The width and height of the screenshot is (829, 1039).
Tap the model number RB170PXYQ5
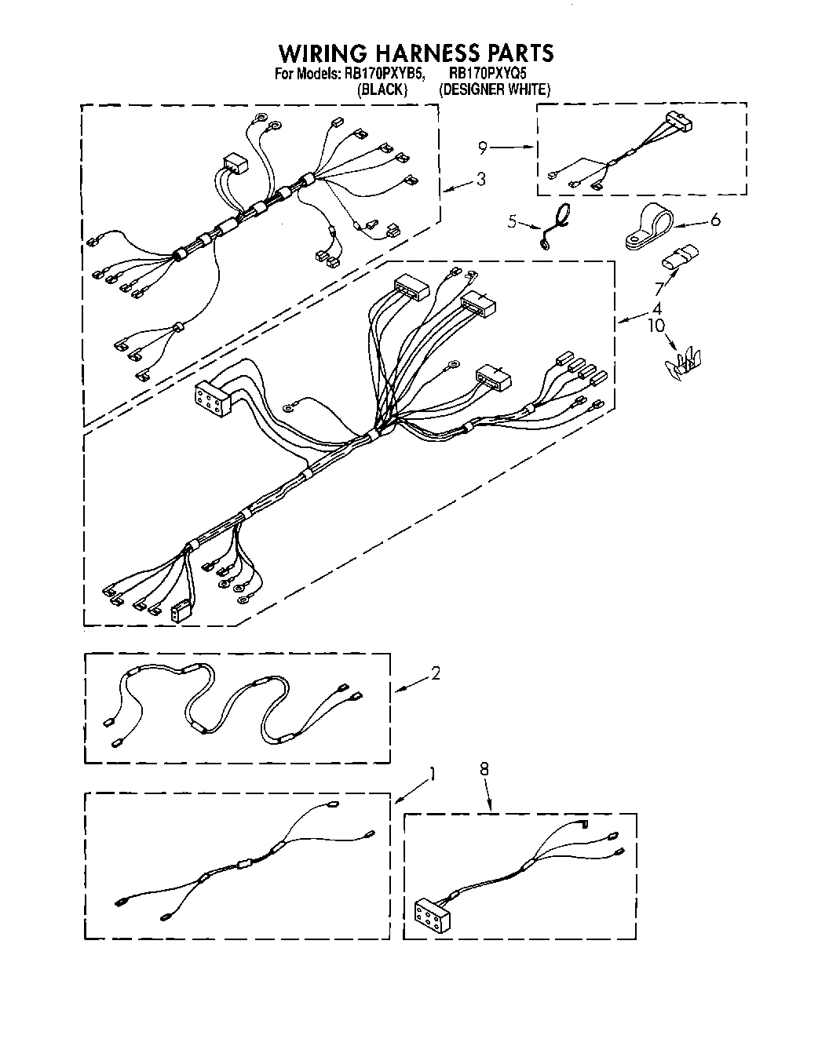[x=491, y=74]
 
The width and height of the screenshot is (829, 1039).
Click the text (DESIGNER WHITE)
[x=495, y=89]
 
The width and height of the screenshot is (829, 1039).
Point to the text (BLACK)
[x=382, y=89]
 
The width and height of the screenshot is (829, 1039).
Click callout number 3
[x=480, y=180]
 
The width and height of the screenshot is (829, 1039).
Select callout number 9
[x=483, y=147]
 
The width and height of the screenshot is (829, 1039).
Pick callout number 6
[x=714, y=221]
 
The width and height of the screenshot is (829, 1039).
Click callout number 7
[x=659, y=290]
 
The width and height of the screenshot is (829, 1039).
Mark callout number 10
[x=656, y=324]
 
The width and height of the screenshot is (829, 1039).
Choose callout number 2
[x=436, y=673]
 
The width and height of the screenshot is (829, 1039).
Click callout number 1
[x=431, y=775]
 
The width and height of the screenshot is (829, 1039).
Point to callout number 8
[x=484, y=770]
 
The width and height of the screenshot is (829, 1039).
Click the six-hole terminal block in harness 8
[x=430, y=913]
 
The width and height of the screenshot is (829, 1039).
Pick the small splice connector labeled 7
[x=681, y=256]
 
